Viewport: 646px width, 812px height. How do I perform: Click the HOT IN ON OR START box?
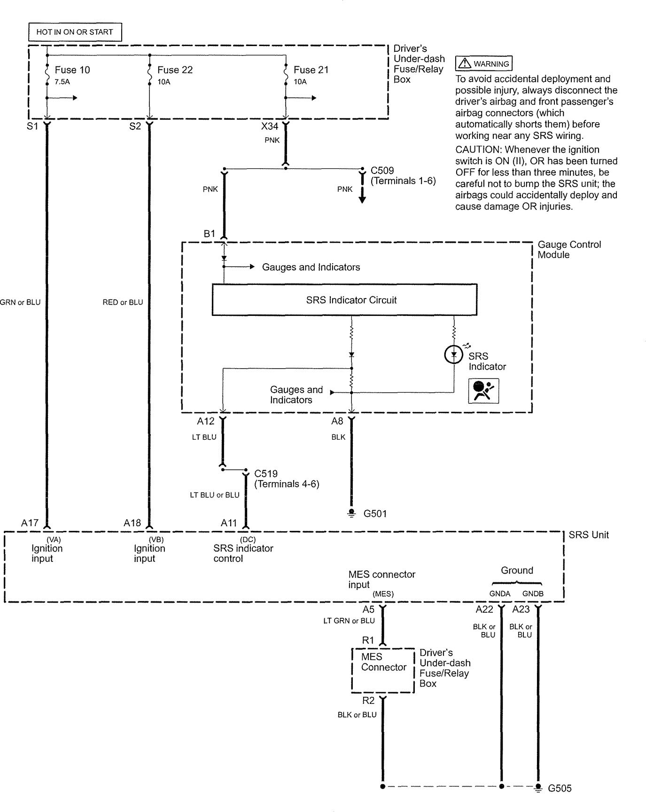pyautogui.click(x=75, y=32)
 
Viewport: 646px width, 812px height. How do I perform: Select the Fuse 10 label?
pyautogui.click(x=72, y=70)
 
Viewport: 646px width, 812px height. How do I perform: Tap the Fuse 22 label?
pyautogui.click(x=175, y=70)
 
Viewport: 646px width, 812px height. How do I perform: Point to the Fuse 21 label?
pyautogui.click(x=311, y=70)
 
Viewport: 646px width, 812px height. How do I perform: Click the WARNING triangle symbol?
pyautogui.click(x=464, y=63)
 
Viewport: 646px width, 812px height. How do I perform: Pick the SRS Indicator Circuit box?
pyautogui.click(x=344, y=300)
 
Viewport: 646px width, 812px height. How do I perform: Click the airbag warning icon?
pyautogui.click(x=483, y=391)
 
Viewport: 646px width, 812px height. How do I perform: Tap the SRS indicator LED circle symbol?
pyautogui.click(x=454, y=355)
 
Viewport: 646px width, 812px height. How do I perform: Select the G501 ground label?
pyautogui.click(x=375, y=513)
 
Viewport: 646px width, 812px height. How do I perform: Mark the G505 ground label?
pyautogui.click(x=560, y=788)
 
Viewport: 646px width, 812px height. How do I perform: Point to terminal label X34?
pyautogui.click(x=270, y=127)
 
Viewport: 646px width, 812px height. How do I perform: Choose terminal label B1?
pyautogui.click(x=209, y=234)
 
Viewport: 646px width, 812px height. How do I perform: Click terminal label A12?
pyautogui.click(x=205, y=421)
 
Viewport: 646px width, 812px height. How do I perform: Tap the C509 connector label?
pyautogui.click(x=382, y=171)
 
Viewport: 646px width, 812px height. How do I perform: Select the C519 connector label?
pyautogui.click(x=265, y=473)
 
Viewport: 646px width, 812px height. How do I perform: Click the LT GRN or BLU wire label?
pyautogui.click(x=349, y=621)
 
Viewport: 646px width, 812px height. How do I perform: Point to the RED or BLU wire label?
pyautogui.click(x=123, y=302)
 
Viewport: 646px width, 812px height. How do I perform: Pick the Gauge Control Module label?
pyautogui.click(x=569, y=250)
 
